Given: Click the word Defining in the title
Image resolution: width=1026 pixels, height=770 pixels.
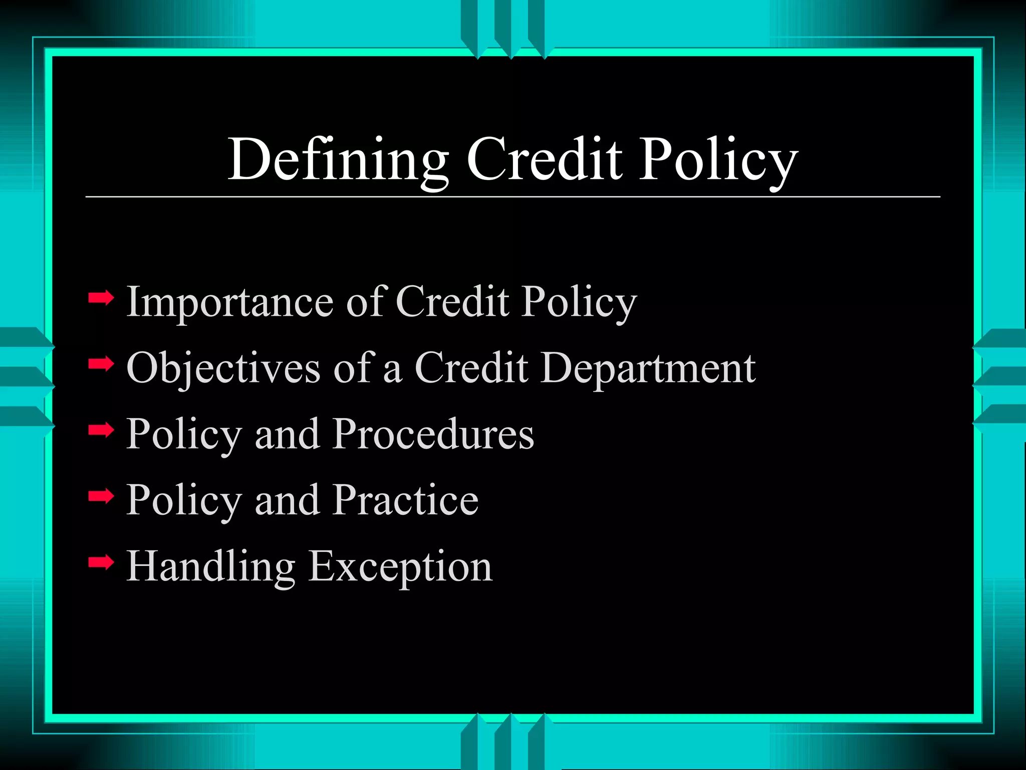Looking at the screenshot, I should pyautogui.click(x=339, y=159).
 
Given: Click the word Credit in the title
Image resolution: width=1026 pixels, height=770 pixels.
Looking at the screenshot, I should pyautogui.click(x=545, y=159).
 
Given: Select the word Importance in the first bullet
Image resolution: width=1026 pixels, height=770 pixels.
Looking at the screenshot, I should pyautogui.click(x=230, y=302).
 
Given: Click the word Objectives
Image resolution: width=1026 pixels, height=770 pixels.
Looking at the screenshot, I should pyautogui.click(x=223, y=368).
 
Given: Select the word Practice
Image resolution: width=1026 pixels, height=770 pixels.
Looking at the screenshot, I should pyautogui.click(x=406, y=500).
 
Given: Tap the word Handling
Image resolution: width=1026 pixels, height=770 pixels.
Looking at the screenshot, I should pyautogui.click(x=211, y=567).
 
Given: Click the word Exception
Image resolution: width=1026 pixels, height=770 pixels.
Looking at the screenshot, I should pyautogui.click(x=400, y=567).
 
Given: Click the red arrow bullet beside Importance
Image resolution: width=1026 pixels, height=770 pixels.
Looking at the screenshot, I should pyautogui.click(x=101, y=299).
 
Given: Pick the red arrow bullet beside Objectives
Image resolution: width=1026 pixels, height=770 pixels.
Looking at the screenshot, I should pyautogui.click(x=101, y=364).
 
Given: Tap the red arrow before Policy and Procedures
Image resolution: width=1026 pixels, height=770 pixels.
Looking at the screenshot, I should pyautogui.click(x=101, y=430).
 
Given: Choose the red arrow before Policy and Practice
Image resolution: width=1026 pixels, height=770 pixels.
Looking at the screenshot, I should pyautogui.click(x=101, y=496).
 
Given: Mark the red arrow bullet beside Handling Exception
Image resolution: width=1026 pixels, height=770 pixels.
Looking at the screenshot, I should pyautogui.click(x=101, y=562).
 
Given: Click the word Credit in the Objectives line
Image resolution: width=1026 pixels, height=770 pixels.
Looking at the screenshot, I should pyautogui.click(x=471, y=368).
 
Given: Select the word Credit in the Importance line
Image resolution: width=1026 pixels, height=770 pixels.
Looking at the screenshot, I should pyautogui.click(x=452, y=302).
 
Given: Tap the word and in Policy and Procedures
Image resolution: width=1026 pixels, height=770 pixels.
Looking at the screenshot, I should pyautogui.click(x=287, y=434).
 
